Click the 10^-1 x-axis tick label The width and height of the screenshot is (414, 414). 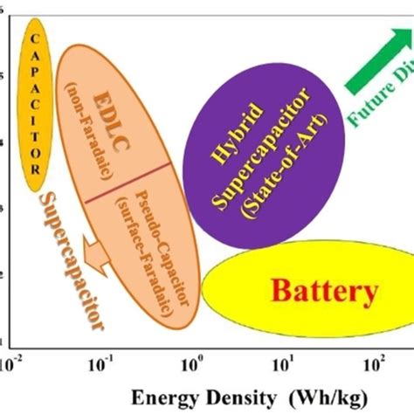(x=102, y=359)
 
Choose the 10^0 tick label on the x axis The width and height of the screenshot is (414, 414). (x=194, y=359)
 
